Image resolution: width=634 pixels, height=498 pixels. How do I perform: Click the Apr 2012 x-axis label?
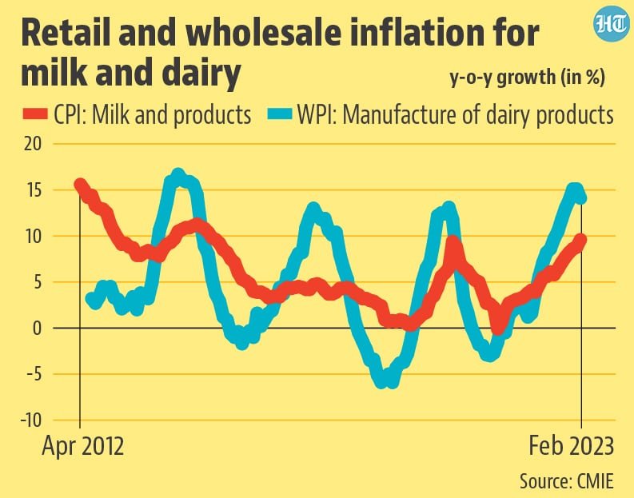[82, 444]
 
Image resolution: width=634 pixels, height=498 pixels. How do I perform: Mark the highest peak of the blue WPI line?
[177, 174]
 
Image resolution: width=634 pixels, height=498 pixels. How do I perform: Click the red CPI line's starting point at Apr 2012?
[80, 185]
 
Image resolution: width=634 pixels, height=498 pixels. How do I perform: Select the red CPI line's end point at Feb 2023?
[581, 239]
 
